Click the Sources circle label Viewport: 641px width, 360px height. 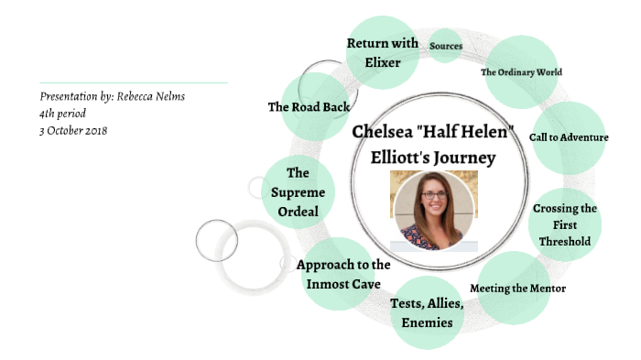click(446, 47)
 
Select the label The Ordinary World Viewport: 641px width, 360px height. click(521, 72)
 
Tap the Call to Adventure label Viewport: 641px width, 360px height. click(569, 137)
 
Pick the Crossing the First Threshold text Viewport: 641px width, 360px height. click(565, 224)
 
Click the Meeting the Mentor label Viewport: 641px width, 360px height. click(517, 289)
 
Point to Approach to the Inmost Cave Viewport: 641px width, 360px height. click(343, 273)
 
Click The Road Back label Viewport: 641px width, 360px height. click(309, 107)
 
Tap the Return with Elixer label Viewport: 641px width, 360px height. click(383, 51)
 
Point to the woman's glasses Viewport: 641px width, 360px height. click(432, 196)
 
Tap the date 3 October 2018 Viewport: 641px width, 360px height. click(74, 131)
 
